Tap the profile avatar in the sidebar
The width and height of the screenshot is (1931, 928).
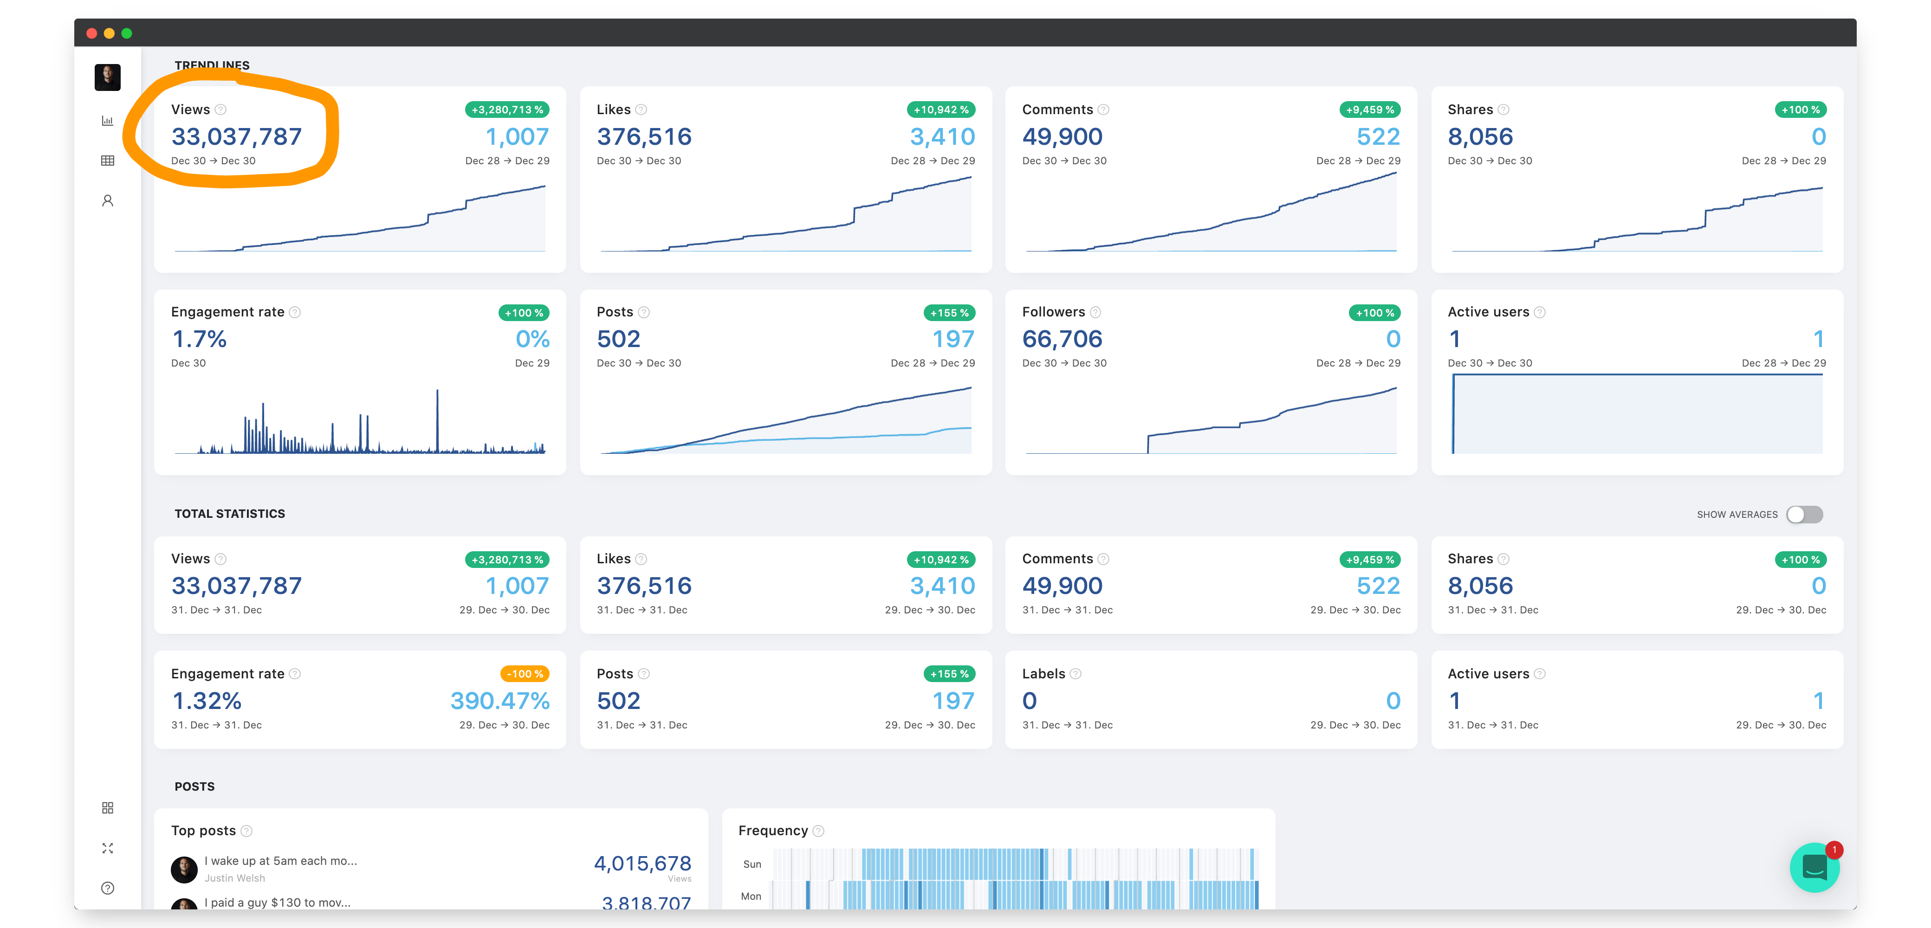click(107, 77)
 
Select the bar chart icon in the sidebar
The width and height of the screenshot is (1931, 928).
click(107, 121)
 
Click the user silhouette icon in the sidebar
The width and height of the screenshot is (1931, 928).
click(107, 201)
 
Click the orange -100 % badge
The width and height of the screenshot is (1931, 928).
click(524, 674)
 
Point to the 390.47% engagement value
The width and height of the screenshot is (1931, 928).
click(499, 701)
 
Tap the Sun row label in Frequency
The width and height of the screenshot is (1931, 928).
click(752, 864)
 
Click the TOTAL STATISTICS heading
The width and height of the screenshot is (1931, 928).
click(229, 514)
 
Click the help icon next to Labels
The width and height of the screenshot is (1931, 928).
click(1076, 674)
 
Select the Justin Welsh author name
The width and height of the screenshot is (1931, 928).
click(234, 878)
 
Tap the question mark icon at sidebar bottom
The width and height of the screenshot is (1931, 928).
click(107, 888)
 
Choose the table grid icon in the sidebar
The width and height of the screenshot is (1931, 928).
click(107, 161)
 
